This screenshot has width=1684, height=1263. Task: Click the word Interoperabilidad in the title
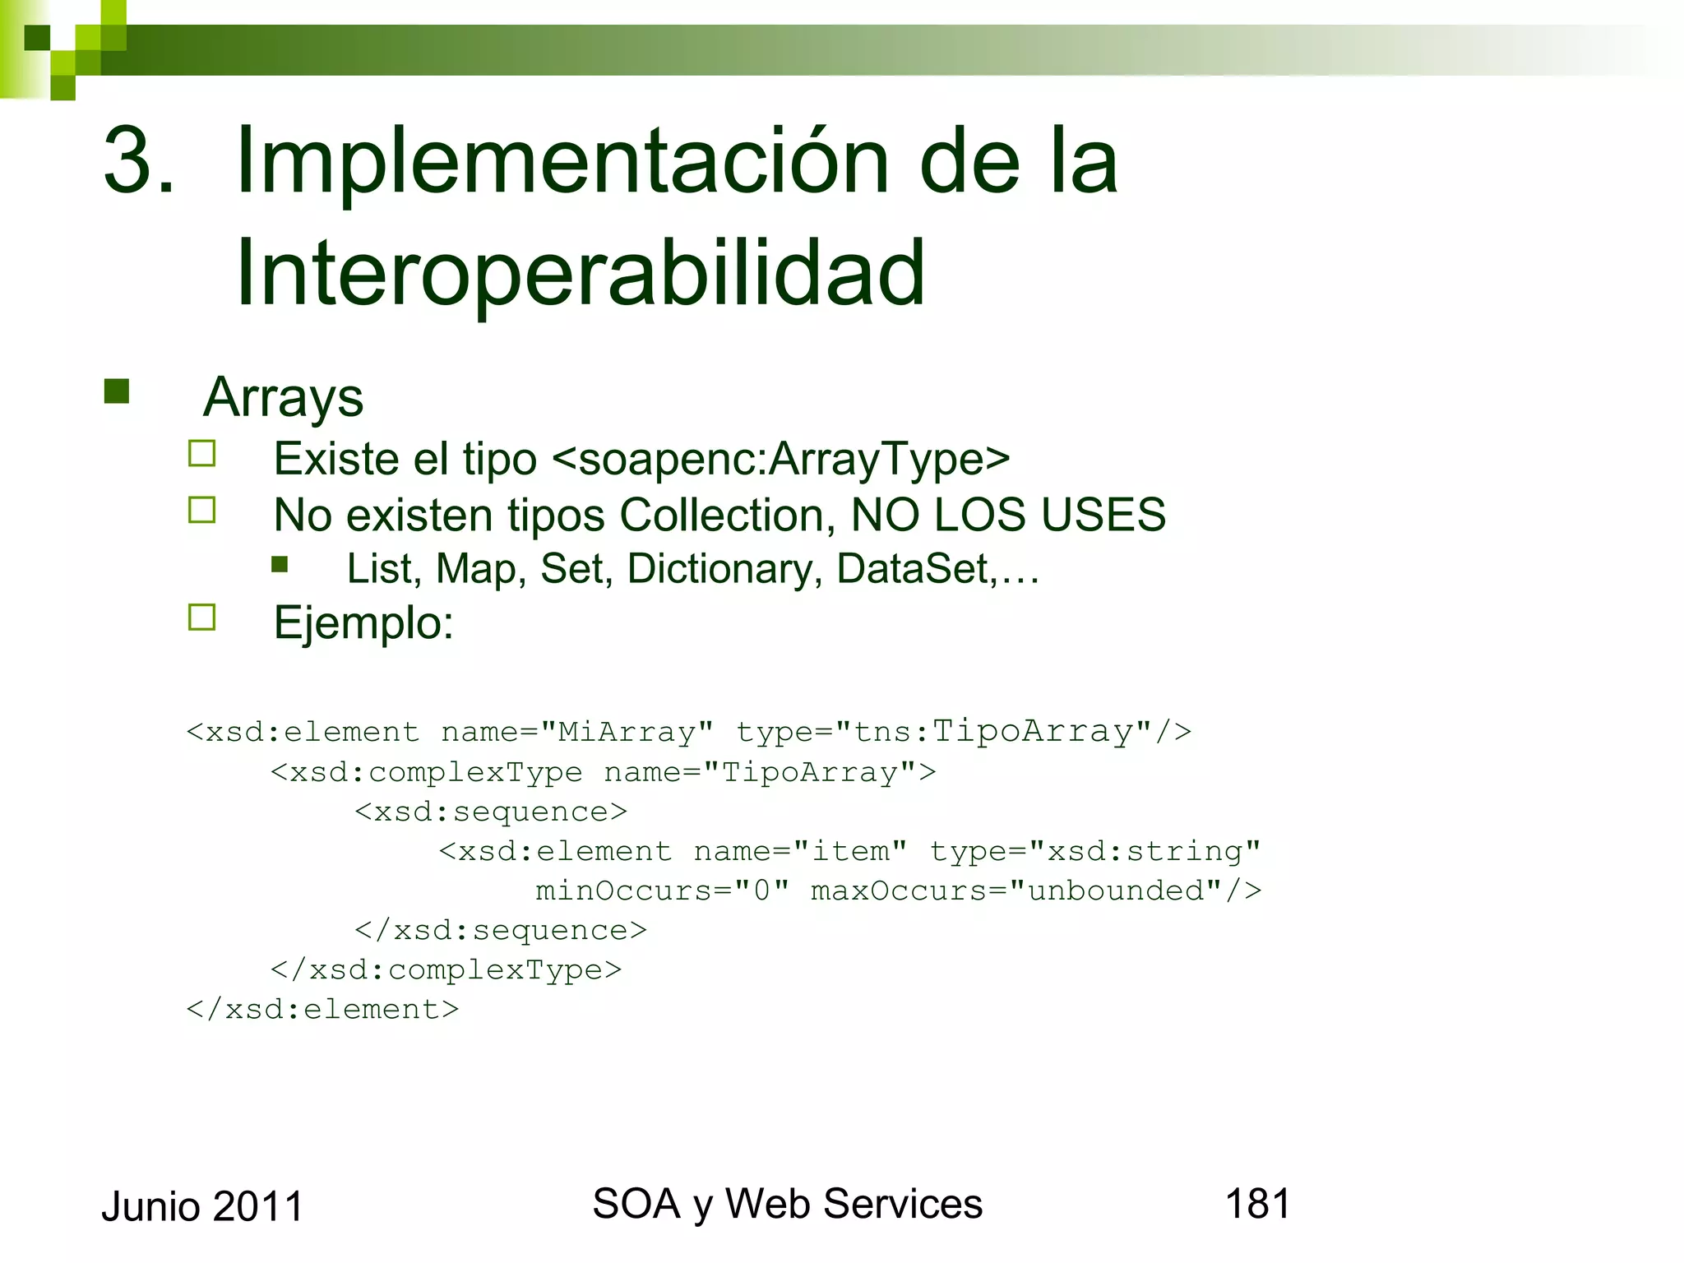pyautogui.click(x=581, y=273)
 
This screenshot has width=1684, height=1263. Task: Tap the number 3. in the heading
pyautogui.click(x=139, y=160)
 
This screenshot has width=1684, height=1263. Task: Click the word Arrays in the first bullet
pyautogui.click(x=283, y=398)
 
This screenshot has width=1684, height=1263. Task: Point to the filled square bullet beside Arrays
pyautogui.click(x=117, y=391)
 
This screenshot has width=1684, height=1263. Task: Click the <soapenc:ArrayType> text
pyautogui.click(x=781, y=459)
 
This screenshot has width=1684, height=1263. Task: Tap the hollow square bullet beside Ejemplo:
pyautogui.click(x=201, y=618)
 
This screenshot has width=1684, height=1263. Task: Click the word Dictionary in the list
pyautogui.click(x=724, y=569)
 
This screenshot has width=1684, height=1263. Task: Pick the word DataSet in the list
pyautogui.click(x=912, y=569)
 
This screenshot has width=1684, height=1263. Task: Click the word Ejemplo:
pyautogui.click(x=363, y=623)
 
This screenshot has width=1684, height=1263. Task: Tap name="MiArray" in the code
pyautogui.click(x=576, y=732)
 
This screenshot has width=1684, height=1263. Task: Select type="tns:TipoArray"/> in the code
pyautogui.click(x=963, y=732)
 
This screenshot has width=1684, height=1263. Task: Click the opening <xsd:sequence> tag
pyautogui.click(x=491, y=812)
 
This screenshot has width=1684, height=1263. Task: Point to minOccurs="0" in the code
pyautogui.click(x=662, y=891)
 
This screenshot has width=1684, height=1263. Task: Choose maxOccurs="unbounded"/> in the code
pyautogui.click(x=1035, y=891)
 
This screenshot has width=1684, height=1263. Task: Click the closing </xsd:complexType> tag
pyautogui.click(x=446, y=970)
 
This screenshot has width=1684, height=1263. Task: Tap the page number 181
pyautogui.click(x=1257, y=1204)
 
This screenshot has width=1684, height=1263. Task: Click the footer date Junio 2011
pyautogui.click(x=202, y=1207)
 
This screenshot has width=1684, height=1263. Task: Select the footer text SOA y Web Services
pyautogui.click(x=787, y=1205)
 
